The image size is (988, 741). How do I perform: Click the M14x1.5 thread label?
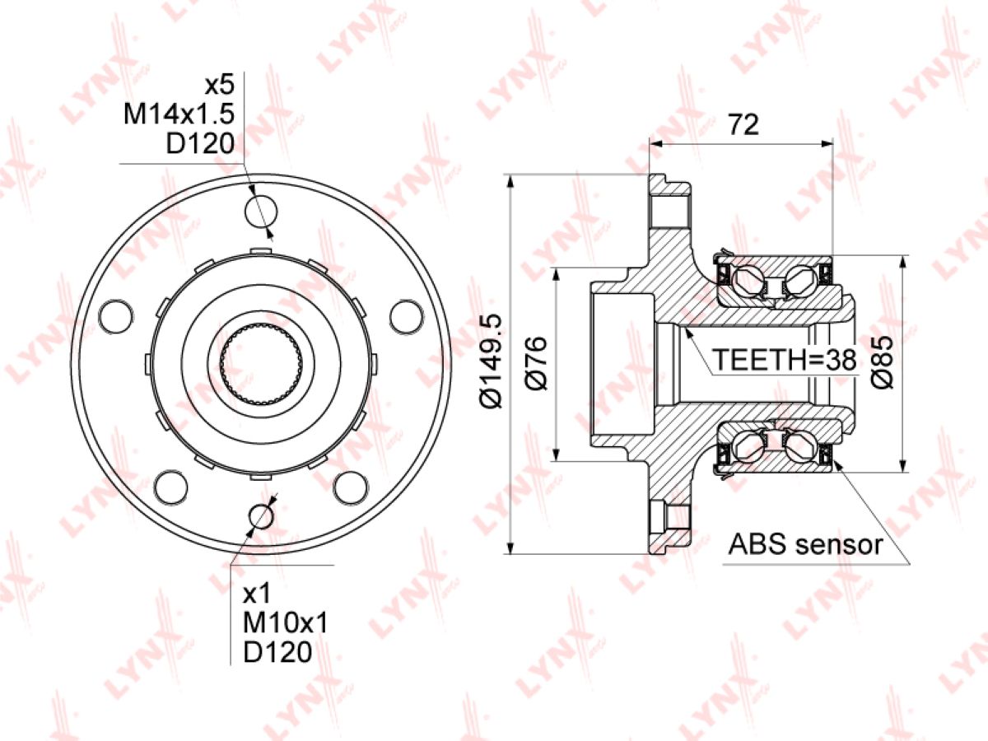179,115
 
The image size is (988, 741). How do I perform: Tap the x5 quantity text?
220,85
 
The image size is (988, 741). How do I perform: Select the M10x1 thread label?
286,623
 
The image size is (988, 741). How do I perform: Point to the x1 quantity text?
257,594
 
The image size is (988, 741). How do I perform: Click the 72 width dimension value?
744,124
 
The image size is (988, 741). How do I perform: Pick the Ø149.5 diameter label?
491,361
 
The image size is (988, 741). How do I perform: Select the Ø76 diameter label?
536,363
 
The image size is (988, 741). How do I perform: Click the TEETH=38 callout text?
785,360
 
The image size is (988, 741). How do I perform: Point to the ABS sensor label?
805,544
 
